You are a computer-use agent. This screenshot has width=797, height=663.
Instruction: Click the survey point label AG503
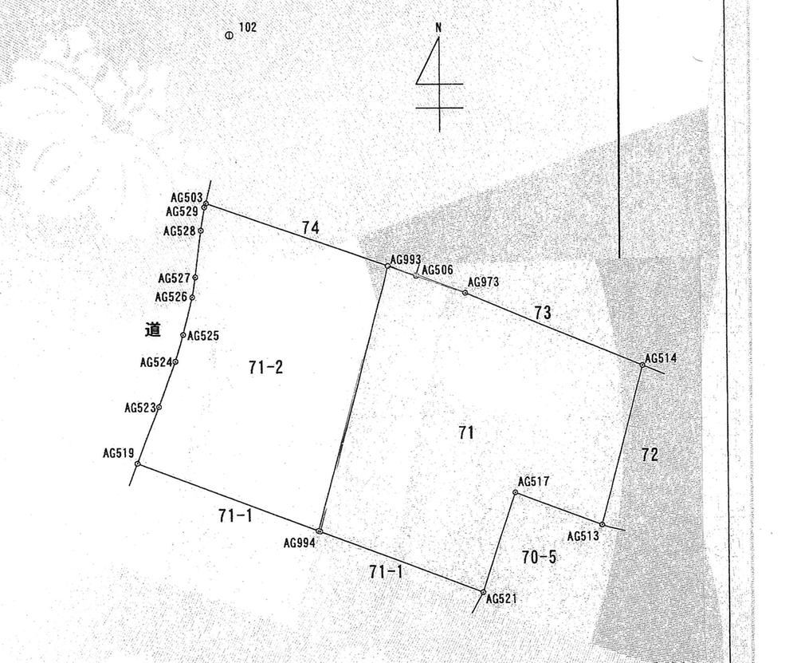point(186,197)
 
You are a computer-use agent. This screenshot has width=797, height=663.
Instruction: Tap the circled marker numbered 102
point(229,36)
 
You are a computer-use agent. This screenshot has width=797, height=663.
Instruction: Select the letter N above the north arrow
point(438,27)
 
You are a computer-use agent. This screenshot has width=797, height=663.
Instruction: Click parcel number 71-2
point(266,367)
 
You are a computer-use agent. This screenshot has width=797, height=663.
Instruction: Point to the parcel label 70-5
point(539,557)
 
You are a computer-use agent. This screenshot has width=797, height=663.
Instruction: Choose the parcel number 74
point(311,227)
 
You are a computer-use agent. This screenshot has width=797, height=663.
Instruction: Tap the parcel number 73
point(542,313)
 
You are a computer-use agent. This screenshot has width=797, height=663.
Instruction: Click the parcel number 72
point(650,454)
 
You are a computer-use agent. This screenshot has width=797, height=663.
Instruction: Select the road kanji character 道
point(152,330)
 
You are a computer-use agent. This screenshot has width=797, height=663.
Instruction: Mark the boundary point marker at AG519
point(138,464)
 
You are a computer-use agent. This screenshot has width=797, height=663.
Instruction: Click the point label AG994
point(300,543)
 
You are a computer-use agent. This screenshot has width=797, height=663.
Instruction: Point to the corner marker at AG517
point(516,492)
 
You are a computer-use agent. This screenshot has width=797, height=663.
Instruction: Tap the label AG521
point(501,599)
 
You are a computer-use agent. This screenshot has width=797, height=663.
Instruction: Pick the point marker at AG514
point(642,365)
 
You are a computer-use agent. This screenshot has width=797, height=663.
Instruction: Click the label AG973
point(484,282)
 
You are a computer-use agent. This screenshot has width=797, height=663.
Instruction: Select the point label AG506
point(437,270)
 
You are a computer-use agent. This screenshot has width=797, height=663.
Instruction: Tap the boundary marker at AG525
point(183,335)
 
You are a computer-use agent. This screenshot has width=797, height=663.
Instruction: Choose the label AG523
point(140,408)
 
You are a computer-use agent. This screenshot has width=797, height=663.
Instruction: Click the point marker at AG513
point(603,525)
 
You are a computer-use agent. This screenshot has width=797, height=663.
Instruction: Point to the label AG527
point(174,278)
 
